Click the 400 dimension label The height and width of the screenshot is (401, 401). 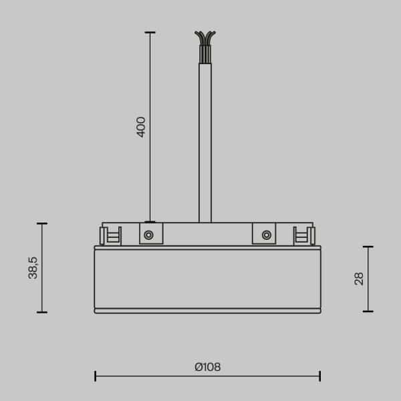point(141,126)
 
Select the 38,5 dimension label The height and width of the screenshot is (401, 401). point(33,267)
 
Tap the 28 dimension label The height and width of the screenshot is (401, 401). point(359,279)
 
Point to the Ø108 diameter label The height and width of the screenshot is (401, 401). point(208,367)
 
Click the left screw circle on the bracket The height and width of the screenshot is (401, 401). point(148,235)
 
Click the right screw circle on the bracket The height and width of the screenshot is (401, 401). point(267,235)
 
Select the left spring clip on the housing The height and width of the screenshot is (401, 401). point(110,235)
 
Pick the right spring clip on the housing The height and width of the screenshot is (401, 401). point(305,235)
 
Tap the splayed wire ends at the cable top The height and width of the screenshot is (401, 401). point(205,37)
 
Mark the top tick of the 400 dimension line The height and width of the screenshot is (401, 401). point(150,32)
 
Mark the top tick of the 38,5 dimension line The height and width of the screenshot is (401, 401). point(42,223)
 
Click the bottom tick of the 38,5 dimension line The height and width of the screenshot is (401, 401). point(42,312)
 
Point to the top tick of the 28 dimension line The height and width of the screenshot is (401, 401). point(368,247)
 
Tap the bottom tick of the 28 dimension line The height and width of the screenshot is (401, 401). point(368,311)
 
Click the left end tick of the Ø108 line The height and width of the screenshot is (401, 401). point(95,376)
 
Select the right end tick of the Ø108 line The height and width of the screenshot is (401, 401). point(320,376)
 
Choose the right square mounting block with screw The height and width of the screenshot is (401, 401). point(264,233)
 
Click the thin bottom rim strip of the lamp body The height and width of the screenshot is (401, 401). point(207,311)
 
